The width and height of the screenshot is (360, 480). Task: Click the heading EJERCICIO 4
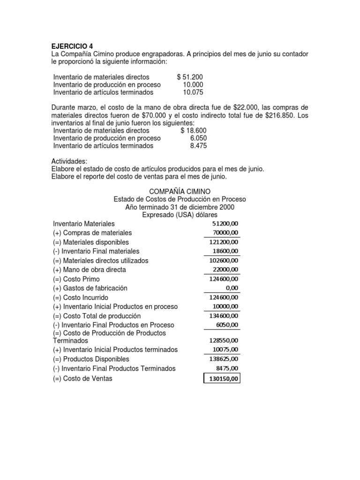point(72,46)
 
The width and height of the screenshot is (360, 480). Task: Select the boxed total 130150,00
point(222,378)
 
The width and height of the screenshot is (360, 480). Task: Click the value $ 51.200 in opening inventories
point(190,77)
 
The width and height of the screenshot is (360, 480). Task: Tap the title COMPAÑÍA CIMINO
point(180,191)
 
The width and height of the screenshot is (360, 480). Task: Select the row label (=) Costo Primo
point(76,279)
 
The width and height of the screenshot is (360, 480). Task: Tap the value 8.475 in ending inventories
point(198,146)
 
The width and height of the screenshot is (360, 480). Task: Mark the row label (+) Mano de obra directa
point(90,270)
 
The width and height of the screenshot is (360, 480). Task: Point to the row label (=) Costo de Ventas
point(83,378)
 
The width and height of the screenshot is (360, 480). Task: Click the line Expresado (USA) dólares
point(180,215)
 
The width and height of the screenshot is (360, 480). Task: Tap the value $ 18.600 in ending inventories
point(193,130)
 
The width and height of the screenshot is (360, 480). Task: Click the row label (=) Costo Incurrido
point(81,298)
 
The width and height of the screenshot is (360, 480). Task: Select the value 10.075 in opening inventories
point(193,92)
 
